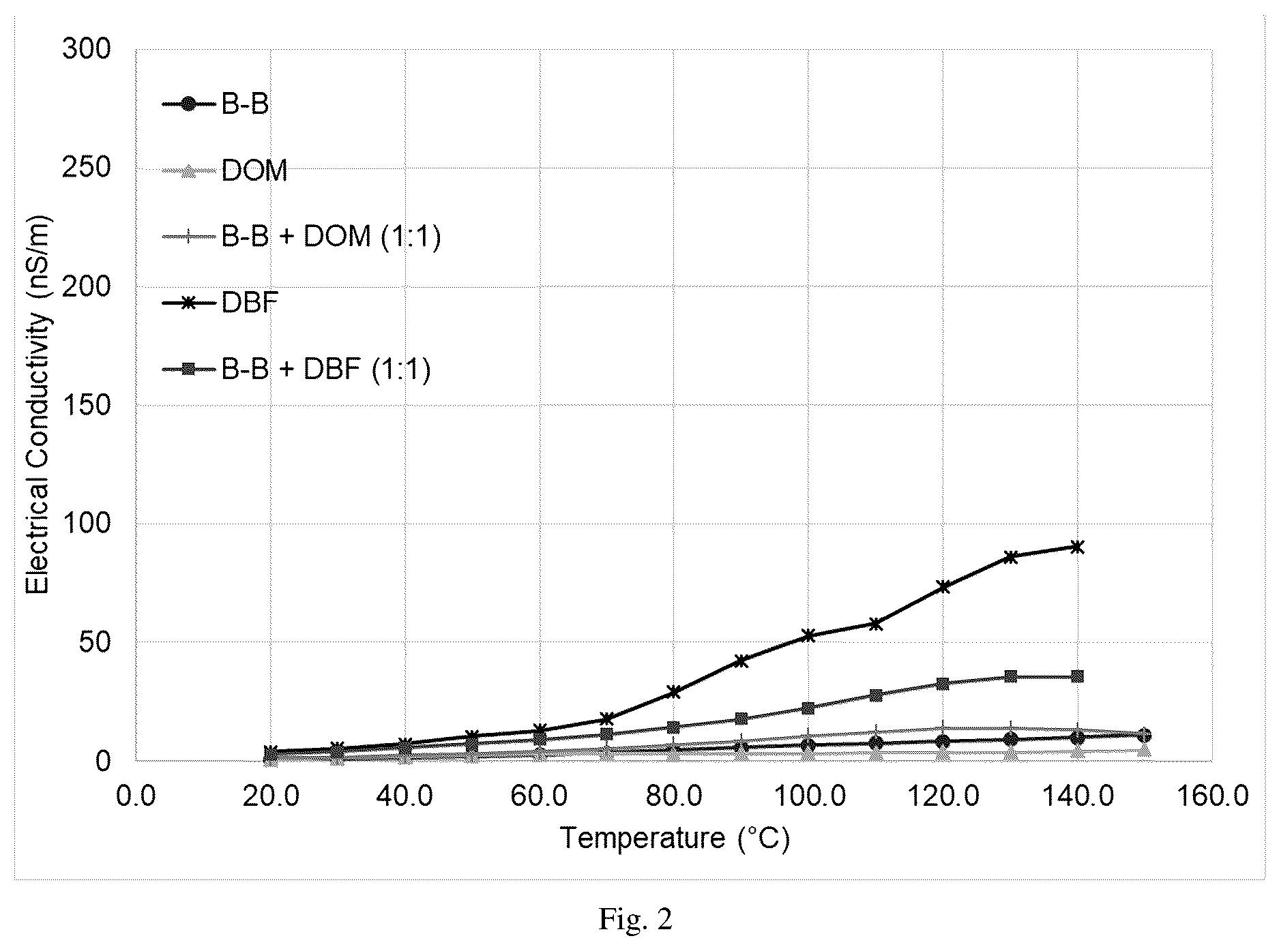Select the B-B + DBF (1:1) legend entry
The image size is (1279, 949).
point(297,370)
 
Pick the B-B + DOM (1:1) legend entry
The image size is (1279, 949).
point(302,237)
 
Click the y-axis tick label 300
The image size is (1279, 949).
point(87,50)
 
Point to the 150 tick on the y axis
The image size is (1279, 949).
point(87,406)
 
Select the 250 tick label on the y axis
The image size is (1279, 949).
point(87,168)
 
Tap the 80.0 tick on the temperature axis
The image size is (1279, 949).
point(674,796)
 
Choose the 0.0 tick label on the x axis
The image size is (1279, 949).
point(136,796)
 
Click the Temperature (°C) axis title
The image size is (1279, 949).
point(675,837)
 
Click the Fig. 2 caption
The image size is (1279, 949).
point(636,919)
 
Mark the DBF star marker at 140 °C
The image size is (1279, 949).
point(1077,547)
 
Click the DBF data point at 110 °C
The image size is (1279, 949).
point(876,624)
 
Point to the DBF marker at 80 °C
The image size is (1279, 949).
point(674,692)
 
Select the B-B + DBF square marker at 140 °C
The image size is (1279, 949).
point(1077,676)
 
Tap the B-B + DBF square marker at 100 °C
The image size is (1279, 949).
point(808,708)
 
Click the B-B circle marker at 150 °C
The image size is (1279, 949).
point(1145,736)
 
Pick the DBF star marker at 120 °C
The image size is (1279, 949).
point(943,587)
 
